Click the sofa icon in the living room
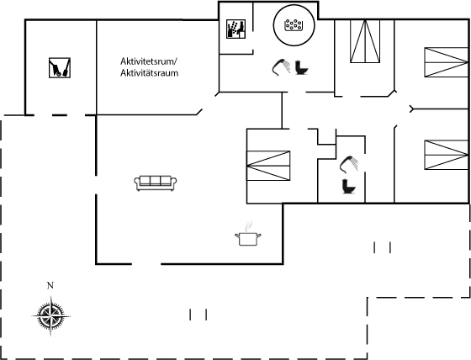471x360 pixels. (156, 183)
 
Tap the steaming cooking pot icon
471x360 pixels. (248, 235)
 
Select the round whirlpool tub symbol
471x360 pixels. (294, 25)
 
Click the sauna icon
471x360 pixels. (235, 29)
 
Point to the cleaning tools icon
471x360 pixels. (60, 67)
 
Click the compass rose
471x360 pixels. (50, 315)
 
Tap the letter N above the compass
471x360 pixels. (50, 285)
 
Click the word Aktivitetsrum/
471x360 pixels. (149, 61)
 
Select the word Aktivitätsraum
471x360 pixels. (150, 73)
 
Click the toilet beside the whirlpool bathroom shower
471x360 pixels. (301, 67)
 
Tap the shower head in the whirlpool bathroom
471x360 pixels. (281, 66)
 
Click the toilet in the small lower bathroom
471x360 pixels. (348, 187)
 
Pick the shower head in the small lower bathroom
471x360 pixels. (349, 164)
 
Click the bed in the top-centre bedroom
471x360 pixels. (365, 41)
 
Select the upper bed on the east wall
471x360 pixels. (447, 62)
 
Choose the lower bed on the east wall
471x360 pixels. (447, 155)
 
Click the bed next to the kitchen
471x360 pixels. (268, 166)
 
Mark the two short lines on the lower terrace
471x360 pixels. (198, 315)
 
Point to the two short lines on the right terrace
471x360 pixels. (382, 247)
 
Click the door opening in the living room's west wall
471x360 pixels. (96, 185)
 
